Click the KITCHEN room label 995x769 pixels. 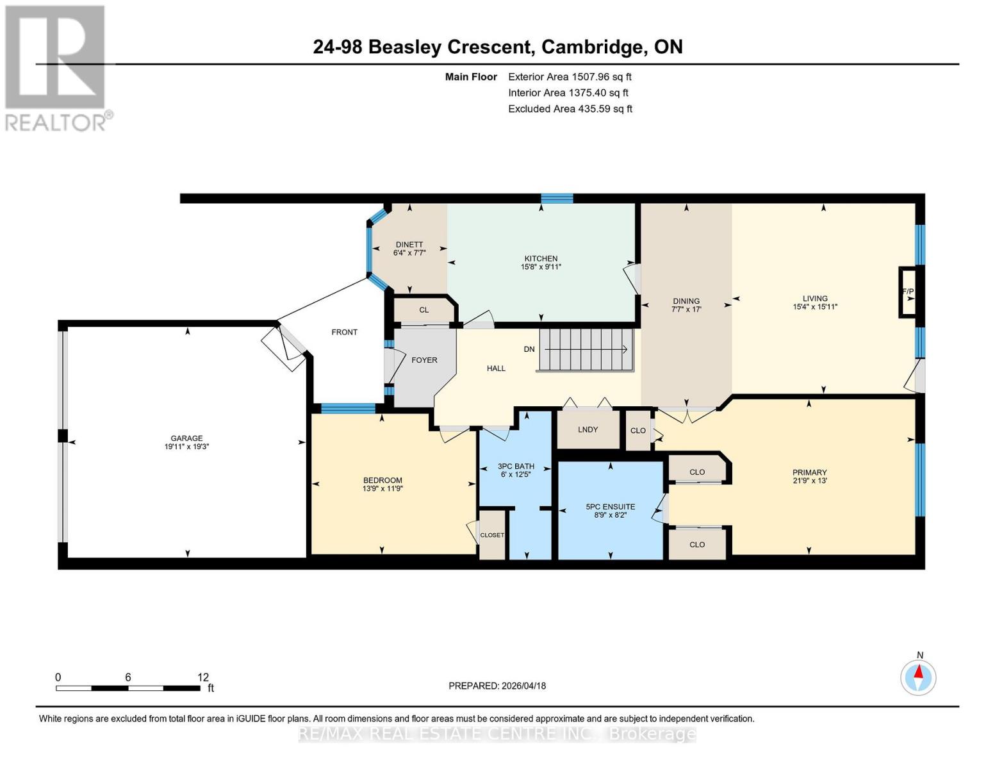pyautogui.click(x=541, y=258)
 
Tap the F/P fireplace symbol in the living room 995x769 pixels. pyautogui.click(x=908, y=292)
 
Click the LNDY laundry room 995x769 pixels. pyautogui.click(x=588, y=429)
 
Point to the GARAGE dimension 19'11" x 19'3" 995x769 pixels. pyautogui.click(x=186, y=447)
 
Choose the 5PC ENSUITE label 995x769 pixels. pyautogui.click(x=610, y=506)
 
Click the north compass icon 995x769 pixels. pyautogui.click(x=919, y=677)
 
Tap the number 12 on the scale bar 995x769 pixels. pyautogui.click(x=203, y=677)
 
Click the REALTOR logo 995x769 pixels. pyautogui.click(x=56, y=68)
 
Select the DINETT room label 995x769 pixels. pyautogui.click(x=409, y=244)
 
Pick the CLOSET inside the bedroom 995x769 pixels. pyautogui.click(x=492, y=535)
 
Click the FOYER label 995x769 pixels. pyautogui.click(x=424, y=360)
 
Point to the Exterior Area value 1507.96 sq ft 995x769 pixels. pyautogui.click(x=601, y=77)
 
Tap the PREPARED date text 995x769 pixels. pyautogui.click(x=497, y=686)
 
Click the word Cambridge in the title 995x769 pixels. pyautogui.click(x=593, y=47)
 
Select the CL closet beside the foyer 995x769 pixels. pyautogui.click(x=423, y=310)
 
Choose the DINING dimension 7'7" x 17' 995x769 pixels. pyautogui.click(x=686, y=308)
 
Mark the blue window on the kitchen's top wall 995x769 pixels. pyautogui.click(x=556, y=199)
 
